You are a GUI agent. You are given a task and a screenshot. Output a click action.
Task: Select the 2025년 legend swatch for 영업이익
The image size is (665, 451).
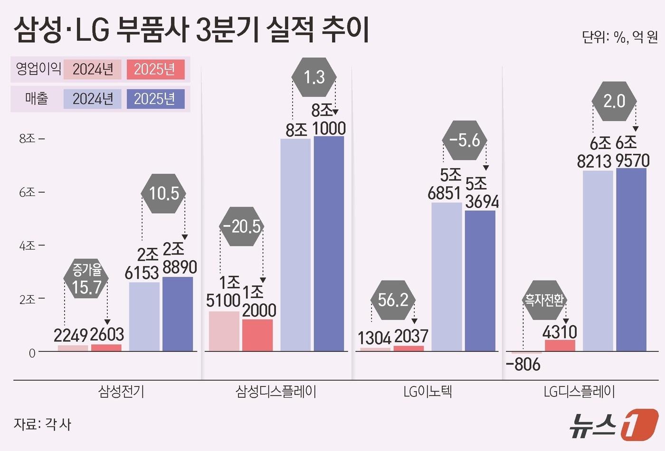[x=155, y=69]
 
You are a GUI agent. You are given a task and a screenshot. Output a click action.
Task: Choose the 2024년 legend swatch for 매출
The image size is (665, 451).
[x=93, y=99]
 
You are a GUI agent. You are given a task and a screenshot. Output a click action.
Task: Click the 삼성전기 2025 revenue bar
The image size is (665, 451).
[x=178, y=314]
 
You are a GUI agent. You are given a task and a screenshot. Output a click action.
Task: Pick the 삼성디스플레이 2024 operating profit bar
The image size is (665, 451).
[x=224, y=331]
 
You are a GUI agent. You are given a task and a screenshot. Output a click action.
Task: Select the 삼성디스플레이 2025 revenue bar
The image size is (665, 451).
[x=329, y=244]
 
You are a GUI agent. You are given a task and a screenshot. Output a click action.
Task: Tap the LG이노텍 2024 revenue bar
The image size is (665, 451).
[x=446, y=277]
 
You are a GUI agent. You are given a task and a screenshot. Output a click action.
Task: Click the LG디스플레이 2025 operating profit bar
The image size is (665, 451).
[x=560, y=346]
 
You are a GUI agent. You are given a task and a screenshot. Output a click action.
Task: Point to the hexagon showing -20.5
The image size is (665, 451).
[x=242, y=226]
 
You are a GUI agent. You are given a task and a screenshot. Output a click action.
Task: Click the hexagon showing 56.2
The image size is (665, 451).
[x=393, y=300]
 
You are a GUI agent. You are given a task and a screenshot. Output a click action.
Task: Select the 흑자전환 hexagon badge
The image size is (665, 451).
[x=544, y=300]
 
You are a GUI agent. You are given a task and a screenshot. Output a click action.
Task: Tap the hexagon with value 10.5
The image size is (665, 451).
[x=164, y=193]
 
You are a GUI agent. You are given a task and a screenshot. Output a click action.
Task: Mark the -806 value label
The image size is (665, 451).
[x=523, y=365]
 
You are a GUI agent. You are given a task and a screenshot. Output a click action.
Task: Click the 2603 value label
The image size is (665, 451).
[x=107, y=335]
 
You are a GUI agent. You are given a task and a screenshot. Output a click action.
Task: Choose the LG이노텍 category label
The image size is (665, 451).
[x=427, y=392]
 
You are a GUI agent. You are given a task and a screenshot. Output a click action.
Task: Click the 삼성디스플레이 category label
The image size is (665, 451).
[x=276, y=392]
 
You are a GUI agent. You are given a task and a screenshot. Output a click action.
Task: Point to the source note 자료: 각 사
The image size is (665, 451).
[x=42, y=424]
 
